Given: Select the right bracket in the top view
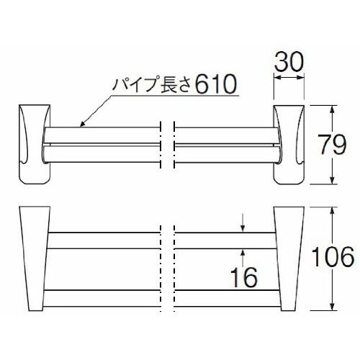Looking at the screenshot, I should coord(289,144).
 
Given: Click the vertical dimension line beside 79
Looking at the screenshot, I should coord(331,144).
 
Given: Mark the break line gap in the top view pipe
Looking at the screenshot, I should coord(166,144).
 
